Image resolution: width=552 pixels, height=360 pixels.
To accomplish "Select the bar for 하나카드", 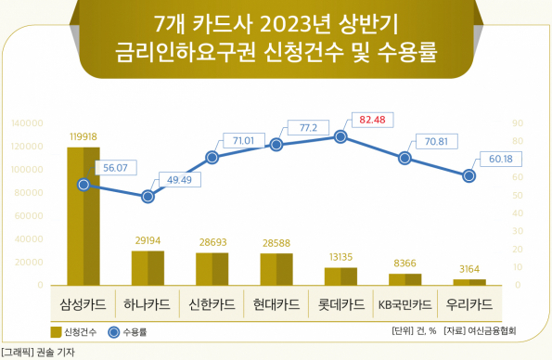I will tap(148, 267).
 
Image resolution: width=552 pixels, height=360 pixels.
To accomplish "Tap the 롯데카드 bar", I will tap(340, 276).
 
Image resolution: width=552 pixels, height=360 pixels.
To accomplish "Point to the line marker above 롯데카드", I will tap(340, 137).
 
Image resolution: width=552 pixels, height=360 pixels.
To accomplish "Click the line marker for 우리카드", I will tap(469, 175).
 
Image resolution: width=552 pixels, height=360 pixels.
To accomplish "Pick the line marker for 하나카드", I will tap(148, 197).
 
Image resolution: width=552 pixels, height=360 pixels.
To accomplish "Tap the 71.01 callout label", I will tap(243, 140).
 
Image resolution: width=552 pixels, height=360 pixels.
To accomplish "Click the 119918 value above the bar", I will tap(83, 136).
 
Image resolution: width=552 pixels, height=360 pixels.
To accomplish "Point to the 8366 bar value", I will tap(404, 264).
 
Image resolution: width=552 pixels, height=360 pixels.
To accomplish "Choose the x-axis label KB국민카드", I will tap(404, 304).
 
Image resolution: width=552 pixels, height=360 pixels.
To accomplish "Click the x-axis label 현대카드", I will tap(276, 304).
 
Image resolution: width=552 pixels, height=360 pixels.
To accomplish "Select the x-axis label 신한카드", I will tap(212, 304).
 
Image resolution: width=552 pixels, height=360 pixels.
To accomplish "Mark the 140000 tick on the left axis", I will tap(28, 122).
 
